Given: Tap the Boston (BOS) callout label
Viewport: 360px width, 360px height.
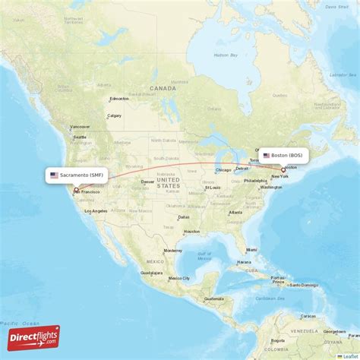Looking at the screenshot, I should [283, 155].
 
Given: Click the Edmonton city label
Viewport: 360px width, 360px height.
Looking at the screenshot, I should [119, 99].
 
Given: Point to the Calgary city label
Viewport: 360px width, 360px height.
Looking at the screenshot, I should [115, 116].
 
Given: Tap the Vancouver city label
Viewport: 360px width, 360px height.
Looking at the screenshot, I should [80, 127].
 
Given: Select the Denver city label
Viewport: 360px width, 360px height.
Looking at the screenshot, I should [147, 182].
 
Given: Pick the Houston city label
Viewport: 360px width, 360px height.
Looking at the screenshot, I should [191, 231].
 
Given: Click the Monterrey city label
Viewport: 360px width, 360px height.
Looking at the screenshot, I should [172, 250].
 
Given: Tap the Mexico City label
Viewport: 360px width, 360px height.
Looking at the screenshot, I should [180, 278].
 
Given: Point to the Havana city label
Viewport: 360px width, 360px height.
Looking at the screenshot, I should [244, 262].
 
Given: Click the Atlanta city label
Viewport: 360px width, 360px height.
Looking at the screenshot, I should [235, 212].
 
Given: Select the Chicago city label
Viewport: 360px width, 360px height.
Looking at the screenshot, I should [223, 170].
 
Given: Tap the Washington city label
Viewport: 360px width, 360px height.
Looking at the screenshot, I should [270, 187].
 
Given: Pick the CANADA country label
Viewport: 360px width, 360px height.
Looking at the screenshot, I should [163, 88].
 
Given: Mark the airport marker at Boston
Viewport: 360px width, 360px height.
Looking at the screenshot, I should [283, 170].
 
